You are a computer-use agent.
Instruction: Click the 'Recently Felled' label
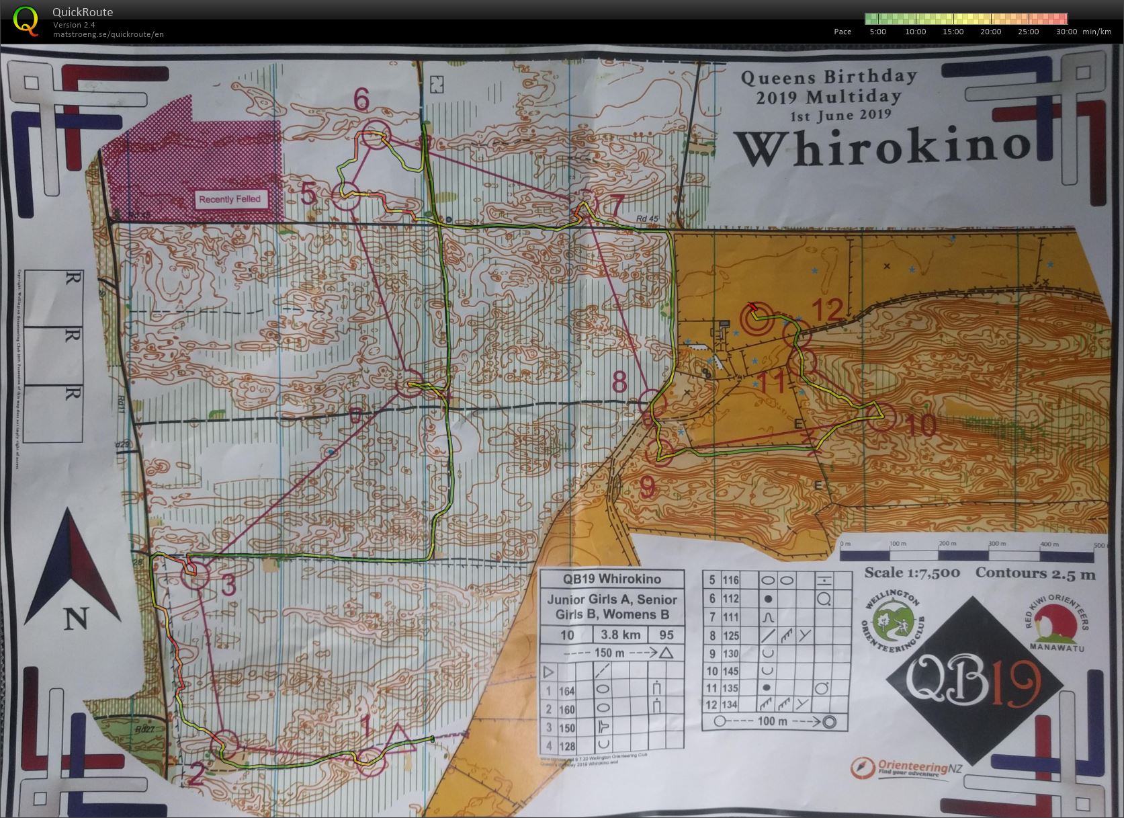229,199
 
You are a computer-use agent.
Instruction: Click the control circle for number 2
226,743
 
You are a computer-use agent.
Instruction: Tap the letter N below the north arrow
75,619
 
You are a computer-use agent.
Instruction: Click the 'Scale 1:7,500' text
912,573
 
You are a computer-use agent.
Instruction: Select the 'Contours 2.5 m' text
1035,573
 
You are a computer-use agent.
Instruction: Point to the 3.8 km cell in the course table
619,635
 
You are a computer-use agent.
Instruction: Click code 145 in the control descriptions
730,671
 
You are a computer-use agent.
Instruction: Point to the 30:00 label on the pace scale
1066,32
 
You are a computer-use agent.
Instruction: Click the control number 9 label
647,487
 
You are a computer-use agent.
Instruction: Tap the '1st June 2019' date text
840,115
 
